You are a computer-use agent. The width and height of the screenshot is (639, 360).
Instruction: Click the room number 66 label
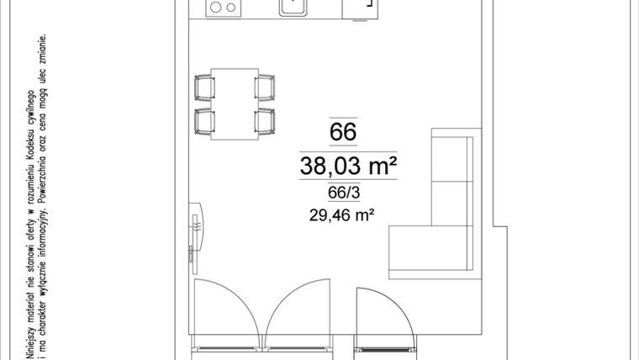[x=343, y=132]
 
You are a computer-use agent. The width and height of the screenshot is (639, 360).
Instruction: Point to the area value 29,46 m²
[x=341, y=215]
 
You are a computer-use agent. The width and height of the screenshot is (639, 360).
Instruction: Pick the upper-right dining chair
[x=265, y=87]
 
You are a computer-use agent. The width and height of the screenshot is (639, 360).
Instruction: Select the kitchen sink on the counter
[x=293, y=7]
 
